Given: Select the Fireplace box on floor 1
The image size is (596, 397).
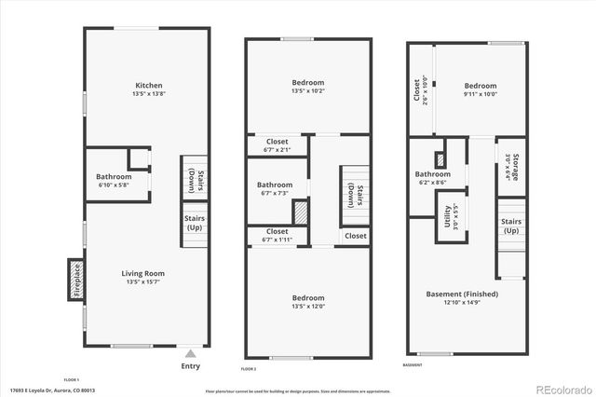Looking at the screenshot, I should [x=77, y=280].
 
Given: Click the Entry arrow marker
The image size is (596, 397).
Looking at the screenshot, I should [x=191, y=354].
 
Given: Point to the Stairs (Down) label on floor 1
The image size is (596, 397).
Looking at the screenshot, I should [x=194, y=178].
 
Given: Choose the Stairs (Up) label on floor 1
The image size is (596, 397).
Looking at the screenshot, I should [x=194, y=225].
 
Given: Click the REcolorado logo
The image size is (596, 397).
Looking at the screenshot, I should [x=562, y=388].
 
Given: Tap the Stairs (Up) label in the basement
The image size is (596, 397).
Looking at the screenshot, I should [x=511, y=226].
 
